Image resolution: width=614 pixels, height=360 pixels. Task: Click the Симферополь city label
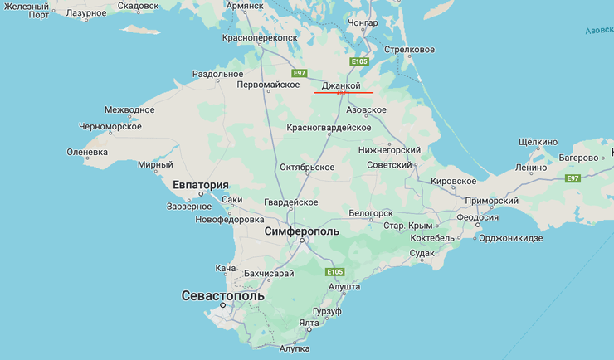[x=301, y=231]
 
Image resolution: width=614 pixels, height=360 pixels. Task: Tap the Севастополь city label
[x=222, y=295]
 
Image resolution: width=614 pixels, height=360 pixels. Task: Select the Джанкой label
[x=341, y=85]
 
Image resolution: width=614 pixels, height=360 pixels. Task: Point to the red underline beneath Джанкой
[x=344, y=93]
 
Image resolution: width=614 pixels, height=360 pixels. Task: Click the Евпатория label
[x=201, y=185]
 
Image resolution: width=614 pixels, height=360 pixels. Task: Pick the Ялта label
[x=309, y=323]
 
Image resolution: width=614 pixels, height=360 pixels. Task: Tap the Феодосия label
[x=477, y=217]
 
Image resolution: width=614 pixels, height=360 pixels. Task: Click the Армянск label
[x=245, y=5]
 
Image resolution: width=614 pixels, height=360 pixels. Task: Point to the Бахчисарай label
[x=269, y=273]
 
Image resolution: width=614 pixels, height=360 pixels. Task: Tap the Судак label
[x=422, y=252]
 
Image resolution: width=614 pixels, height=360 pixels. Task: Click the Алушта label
[x=344, y=285]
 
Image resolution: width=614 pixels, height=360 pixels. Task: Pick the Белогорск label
[x=370, y=213]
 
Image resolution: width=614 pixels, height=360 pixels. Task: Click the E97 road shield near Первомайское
[x=300, y=73]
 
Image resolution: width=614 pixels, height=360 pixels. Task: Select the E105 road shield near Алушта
[x=334, y=271]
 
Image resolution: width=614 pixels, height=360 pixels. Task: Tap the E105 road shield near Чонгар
[x=358, y=61]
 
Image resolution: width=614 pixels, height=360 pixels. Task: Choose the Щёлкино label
[x=538, y=141]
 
